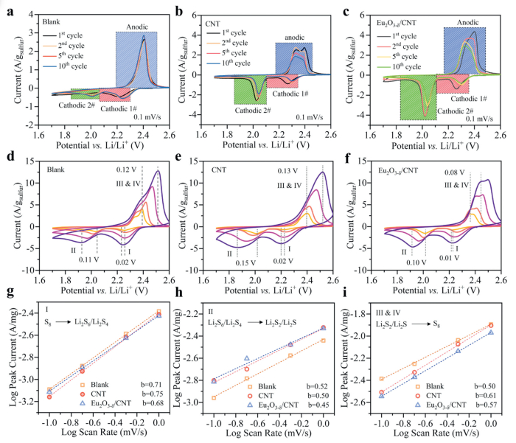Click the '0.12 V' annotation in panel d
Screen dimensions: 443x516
pyautogui.click(x=126, y=170)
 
